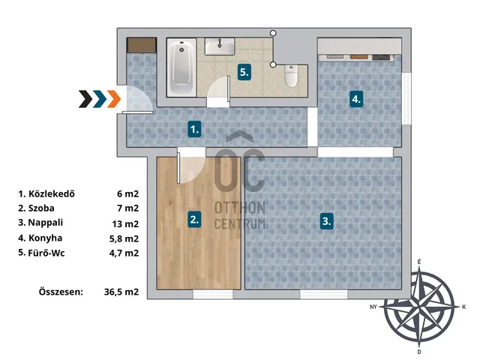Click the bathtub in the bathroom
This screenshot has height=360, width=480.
(181, 67)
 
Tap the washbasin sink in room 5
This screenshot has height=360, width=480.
(220, 46)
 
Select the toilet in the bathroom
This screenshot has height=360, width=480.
(291, 76)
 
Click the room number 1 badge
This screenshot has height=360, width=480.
(195, 129)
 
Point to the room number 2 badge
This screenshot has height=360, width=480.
(195, 219)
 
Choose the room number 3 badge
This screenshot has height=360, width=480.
(327, 220)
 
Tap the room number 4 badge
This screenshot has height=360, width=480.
(356, 99)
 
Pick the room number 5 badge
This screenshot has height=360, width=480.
(244, 72)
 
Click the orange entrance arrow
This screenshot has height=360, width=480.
(114, 99)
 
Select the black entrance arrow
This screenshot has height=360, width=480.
(85, 99)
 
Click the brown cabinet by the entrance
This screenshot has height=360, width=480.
(142, 45)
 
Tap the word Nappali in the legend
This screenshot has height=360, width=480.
(45, 223)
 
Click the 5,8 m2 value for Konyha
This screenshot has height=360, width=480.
(124, 238)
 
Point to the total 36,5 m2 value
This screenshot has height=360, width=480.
(121, 292)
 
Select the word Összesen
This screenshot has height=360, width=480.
(61, 292)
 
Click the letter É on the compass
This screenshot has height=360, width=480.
(419, 262)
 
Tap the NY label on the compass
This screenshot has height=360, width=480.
(373, 307)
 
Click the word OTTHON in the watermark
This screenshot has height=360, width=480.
(240, 208)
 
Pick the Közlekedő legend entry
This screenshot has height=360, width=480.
(46, 193)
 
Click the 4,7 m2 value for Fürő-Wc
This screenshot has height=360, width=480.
(124, 253)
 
